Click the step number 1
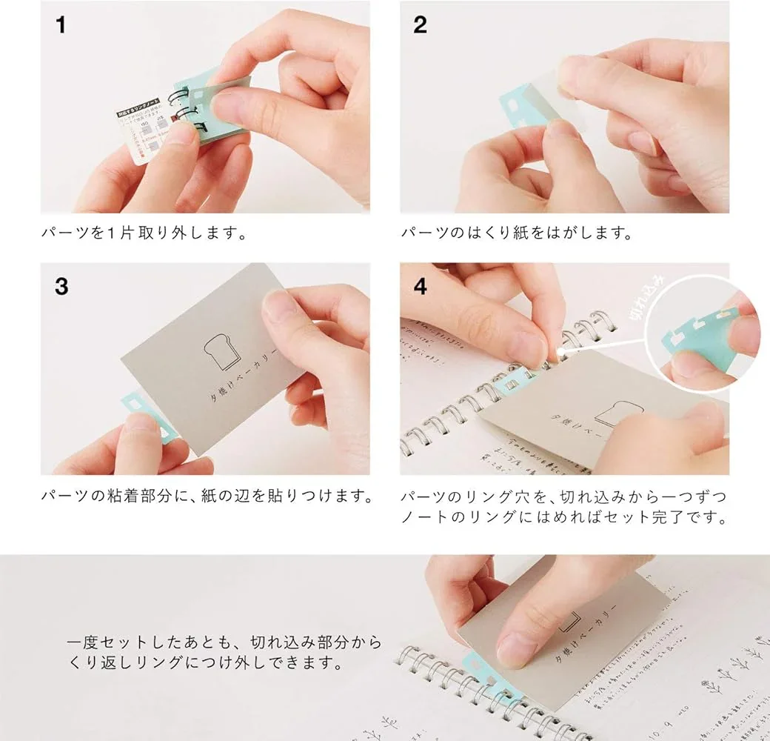click(61, 25)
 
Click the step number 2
click(421, 25)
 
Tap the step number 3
click(61, 286)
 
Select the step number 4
click(421, 286)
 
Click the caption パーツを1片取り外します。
click(144, 233)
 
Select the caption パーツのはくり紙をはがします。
click(517, 233)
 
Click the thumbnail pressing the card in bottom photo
click(515, 648)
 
